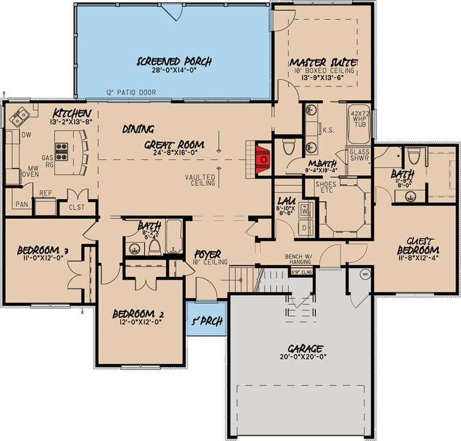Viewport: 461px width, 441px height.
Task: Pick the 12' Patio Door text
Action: point(132,93)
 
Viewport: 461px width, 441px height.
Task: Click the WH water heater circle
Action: point(364,274)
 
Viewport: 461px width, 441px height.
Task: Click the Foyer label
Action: point(207,254)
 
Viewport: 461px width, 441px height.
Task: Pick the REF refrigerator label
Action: point(46,194)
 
